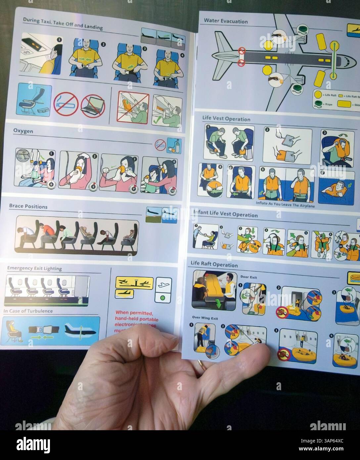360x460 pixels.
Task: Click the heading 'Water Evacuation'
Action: tap(226, 21)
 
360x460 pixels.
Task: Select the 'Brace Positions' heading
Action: tap(28, 207)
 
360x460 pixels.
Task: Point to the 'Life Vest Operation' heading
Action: tap(226, 118)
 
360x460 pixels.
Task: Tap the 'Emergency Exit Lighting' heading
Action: tap(34, 268)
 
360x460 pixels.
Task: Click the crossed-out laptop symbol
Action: tap(93, 104)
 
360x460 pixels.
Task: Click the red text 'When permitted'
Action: tap(134, 313)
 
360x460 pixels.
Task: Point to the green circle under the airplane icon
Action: tap(162, 298)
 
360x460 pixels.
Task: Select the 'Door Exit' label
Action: tap(248, 277)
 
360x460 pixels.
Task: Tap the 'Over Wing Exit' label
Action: tap(205, 318)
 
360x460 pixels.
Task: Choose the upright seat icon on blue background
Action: tap(34, 100)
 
